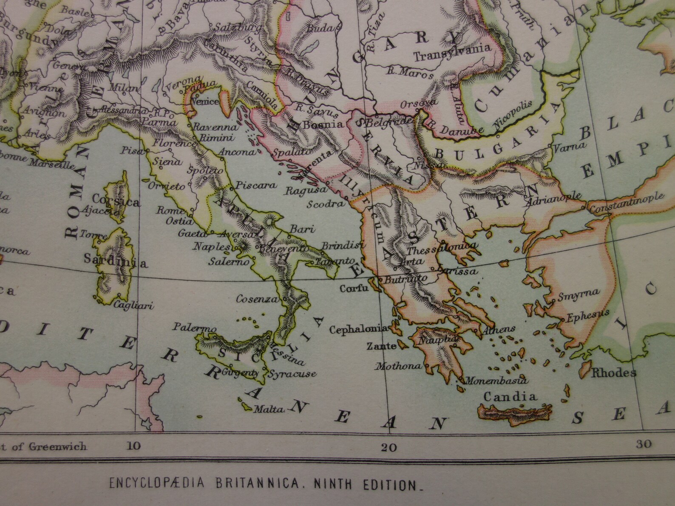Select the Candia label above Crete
(510, 397)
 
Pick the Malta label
(268, 410)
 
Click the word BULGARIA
(495, 134)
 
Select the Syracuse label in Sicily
(292, 374)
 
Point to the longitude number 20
(389, 447)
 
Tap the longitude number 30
(644, 444)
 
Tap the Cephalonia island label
(358, 329)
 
